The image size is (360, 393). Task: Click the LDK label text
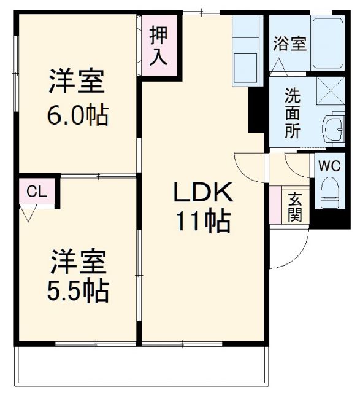coord(202,195)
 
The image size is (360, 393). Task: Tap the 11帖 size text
coord(202,221)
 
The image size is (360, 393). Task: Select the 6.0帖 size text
coord(77,115)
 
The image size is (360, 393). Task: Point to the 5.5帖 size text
coord(78,290)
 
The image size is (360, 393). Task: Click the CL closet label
coord(36,192)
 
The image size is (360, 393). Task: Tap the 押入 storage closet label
coord(159,45)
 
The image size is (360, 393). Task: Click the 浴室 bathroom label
coord(289,45)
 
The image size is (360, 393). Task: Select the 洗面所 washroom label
coord(292,114)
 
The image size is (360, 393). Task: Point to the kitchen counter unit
coord(247,52)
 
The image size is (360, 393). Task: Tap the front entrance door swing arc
coord(286,252)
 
